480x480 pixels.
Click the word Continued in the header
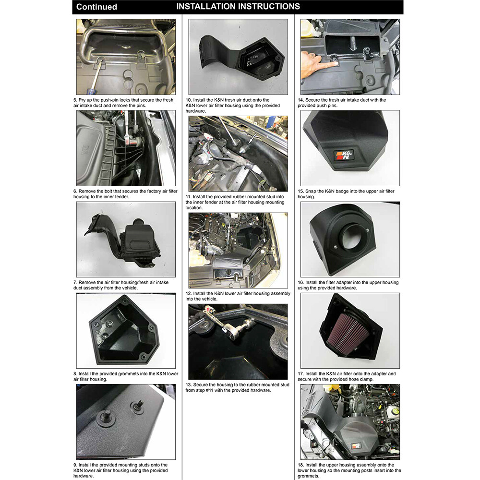[96, 7]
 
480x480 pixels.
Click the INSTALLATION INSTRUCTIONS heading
[238, 6]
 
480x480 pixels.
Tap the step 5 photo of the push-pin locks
[126, 57]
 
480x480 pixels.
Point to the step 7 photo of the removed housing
[126, 239]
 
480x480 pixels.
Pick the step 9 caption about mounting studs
[121, 470]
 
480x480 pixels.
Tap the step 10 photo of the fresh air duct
[238, 57]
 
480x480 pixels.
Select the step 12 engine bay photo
[238, 250]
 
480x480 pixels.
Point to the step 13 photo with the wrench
[238, 341]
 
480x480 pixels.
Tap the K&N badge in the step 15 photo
[345, 155]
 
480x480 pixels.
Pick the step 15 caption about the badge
[346, 193]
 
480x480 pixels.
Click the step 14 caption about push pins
[342, 103]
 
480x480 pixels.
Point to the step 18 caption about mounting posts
[349, 470]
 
